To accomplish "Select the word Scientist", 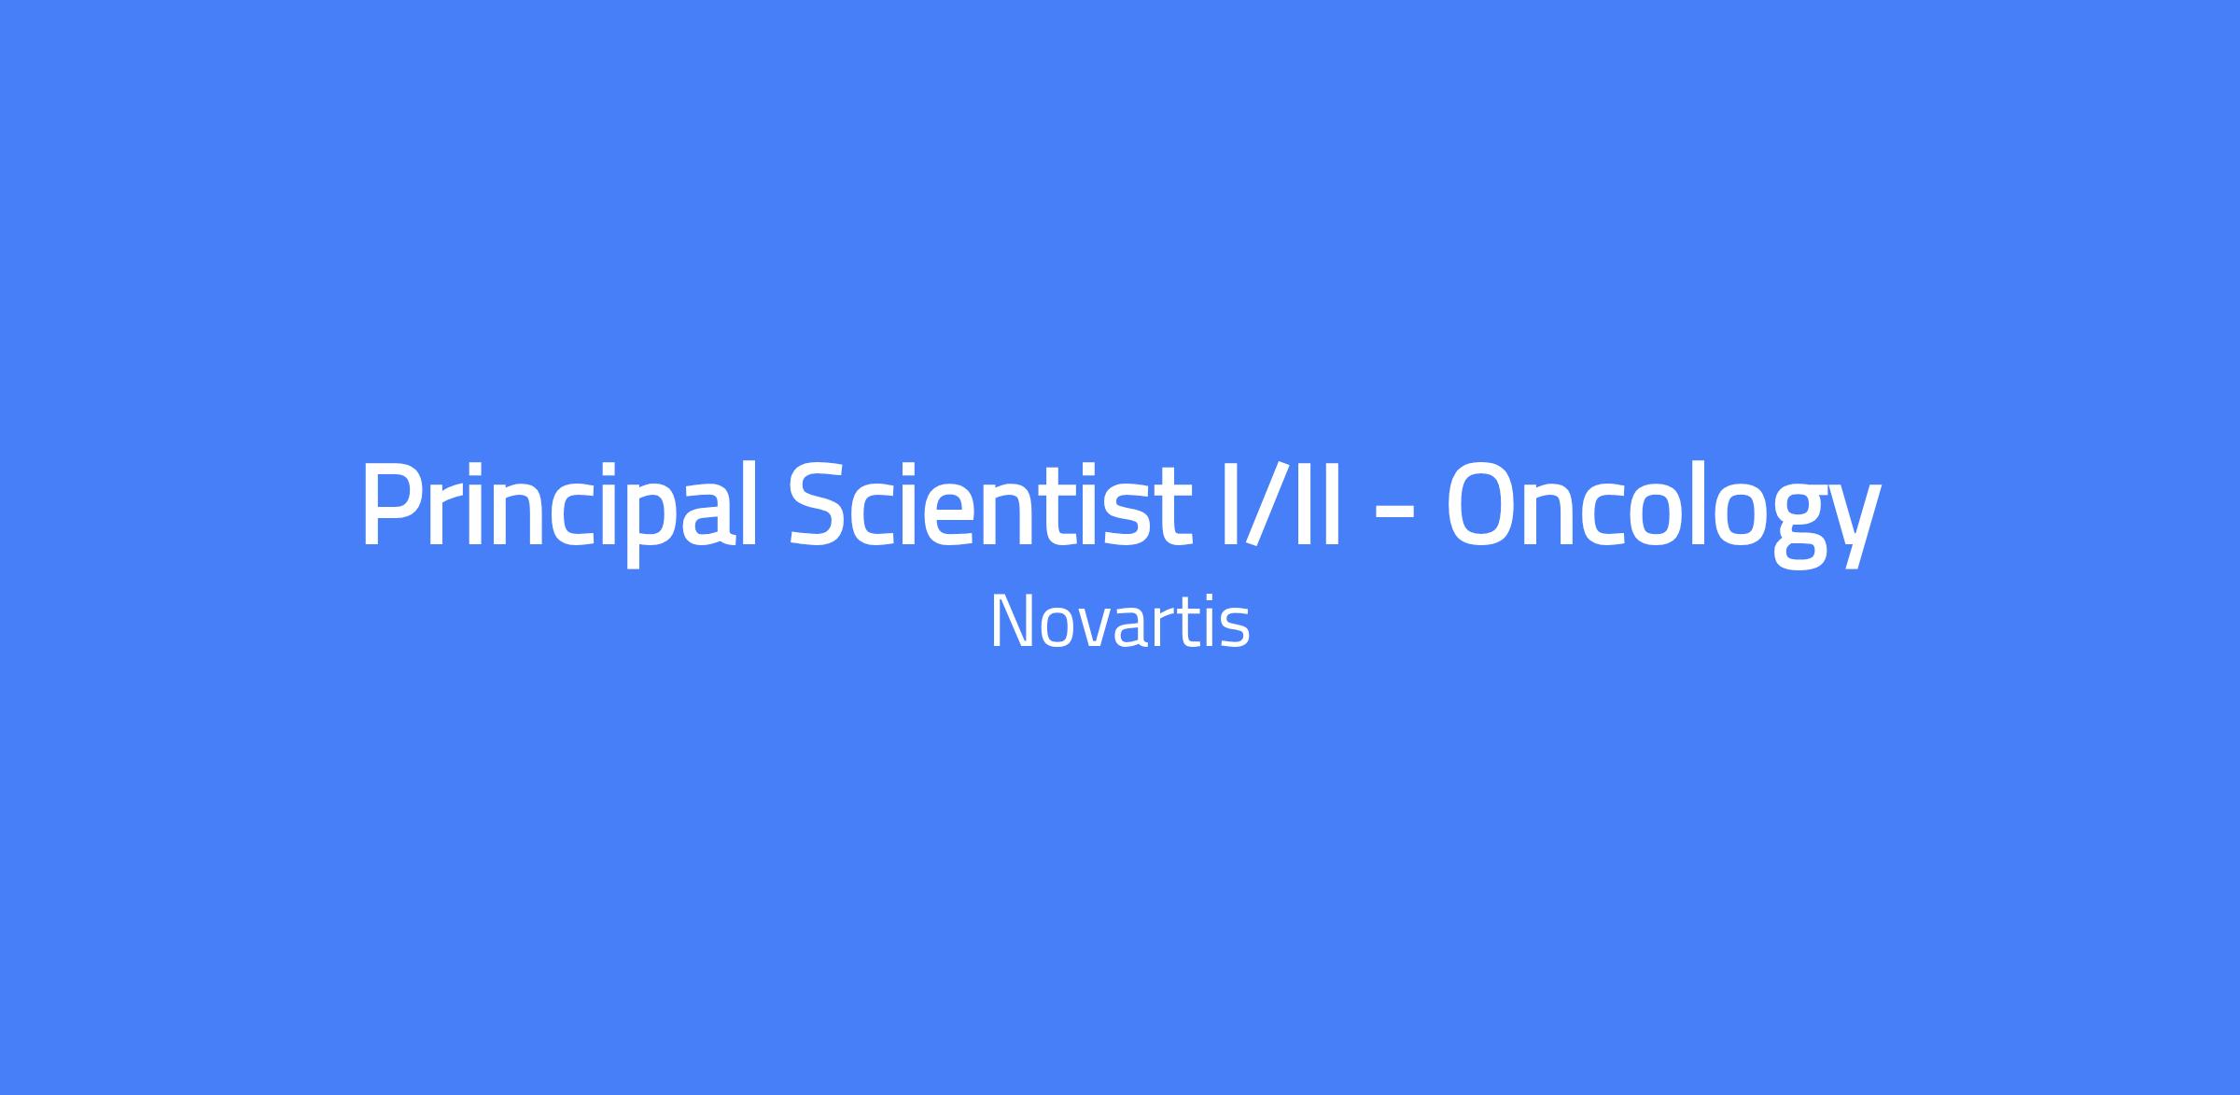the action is coord(990,504).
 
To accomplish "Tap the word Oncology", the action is coord(1662,512).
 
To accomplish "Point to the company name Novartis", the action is coord(1119,622).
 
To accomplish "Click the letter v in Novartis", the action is coord(1089,629).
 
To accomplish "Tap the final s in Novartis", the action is coord(1236,629).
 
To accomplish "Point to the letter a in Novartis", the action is coord(1129,629).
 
